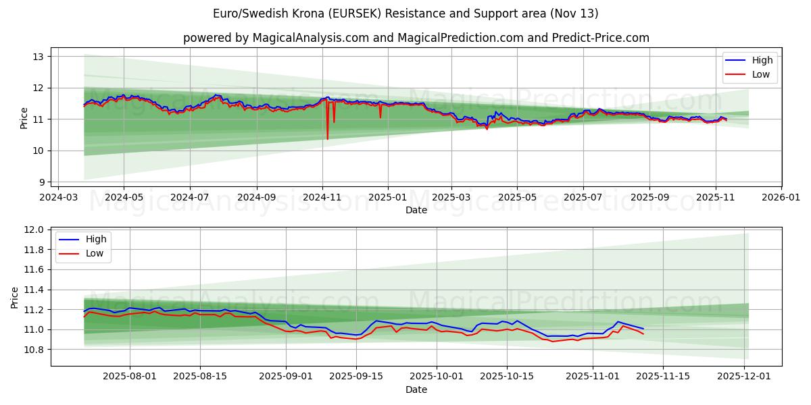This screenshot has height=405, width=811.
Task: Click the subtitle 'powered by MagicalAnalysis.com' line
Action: [x=416, y=38]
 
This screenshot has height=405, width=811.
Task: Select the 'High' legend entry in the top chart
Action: [x=761, y=60]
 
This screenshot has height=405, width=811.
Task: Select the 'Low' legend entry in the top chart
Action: [x=760, y=74]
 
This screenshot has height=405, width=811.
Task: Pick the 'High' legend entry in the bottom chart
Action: [x=95, y=239]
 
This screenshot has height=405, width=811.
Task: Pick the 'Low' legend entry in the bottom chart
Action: [x=95, y=253]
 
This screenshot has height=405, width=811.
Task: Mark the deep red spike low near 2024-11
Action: [x=328, y=138]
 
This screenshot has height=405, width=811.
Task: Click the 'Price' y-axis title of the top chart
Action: [x=24, y=117]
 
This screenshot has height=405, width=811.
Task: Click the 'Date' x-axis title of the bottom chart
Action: [x=416, y=389]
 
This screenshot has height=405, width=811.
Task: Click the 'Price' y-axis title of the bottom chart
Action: [x=15, y=297]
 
